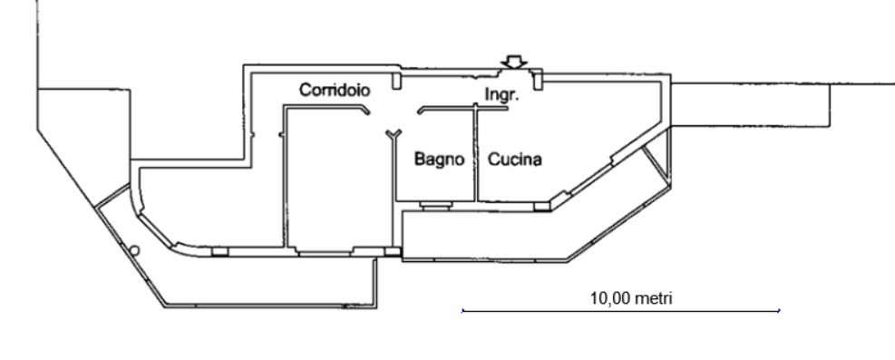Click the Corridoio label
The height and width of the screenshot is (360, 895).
(x=335, y=90)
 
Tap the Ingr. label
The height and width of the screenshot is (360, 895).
(x=501, y=94)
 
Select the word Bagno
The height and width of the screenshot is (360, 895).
(x=439, y=160)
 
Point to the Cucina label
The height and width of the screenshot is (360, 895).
(x=514, y=160)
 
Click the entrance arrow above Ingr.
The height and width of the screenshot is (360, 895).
(x=514, y=62)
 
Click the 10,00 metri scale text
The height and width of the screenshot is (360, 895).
(x=631, y=297)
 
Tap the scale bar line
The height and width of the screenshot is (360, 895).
(x=620, y=311)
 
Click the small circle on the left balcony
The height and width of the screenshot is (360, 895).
(x=134, y=250)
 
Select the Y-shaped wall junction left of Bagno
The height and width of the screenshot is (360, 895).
(x=394, y=135)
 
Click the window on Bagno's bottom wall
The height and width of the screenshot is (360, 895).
(x=436, y=205)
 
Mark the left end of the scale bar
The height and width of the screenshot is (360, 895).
(x=462, y=311)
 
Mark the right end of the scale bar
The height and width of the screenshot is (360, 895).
(x=779, y=311)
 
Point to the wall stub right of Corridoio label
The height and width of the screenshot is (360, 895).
(x=396, y=79)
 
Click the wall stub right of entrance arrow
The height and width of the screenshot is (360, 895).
(x=537, y=80)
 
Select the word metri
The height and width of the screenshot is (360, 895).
(x=653, y=297)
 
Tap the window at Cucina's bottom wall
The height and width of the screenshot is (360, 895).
(x=543, y=207)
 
